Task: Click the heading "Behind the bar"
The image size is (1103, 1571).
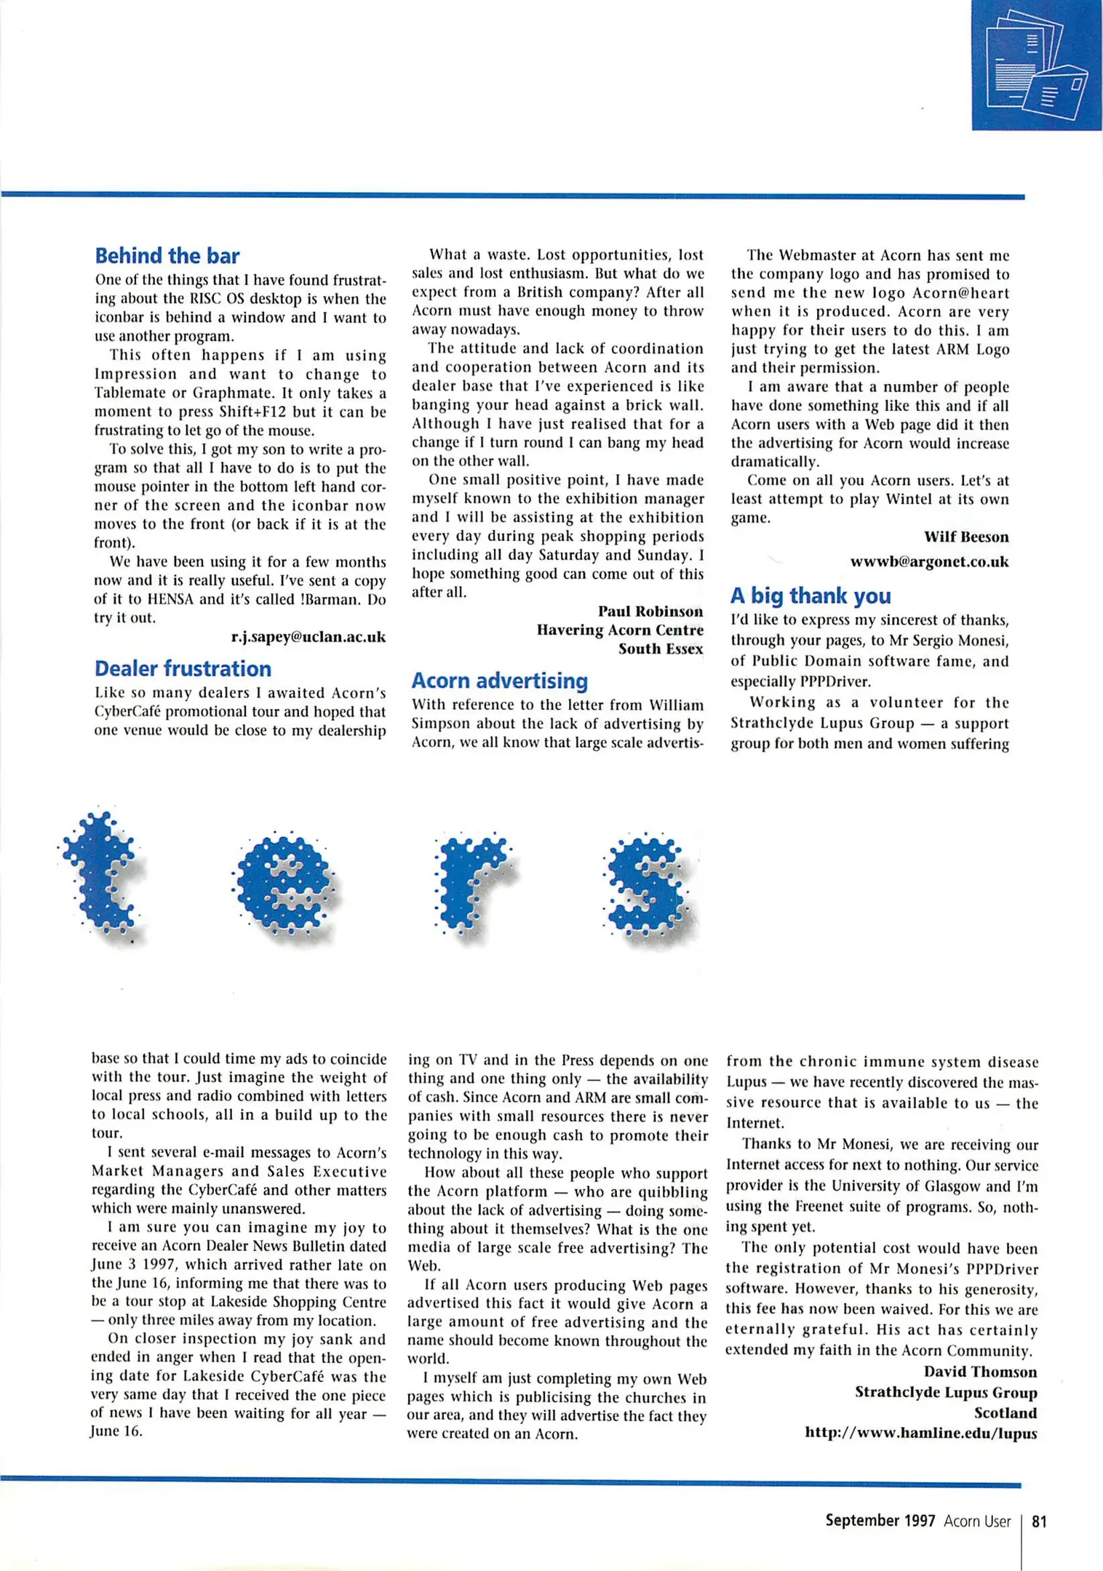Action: click(x=167, y=256)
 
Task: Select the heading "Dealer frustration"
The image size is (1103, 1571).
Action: click(x=183, y=668)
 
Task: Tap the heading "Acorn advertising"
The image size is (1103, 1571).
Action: click(x=500, y=681)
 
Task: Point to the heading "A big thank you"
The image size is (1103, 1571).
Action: click(x=811, y=596)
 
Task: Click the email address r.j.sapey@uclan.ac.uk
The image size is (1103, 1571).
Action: click(x=308, y=637)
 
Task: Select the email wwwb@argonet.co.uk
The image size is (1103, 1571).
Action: click(x=929, y=561)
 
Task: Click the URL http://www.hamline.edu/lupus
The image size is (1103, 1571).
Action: click(x=920, y=1433)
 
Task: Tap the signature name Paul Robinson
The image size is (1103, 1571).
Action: click(x=650, y=611)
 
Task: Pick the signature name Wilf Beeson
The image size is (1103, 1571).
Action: click(x=966, y=537)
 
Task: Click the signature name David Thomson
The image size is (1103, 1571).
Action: click(x=980, y=1372)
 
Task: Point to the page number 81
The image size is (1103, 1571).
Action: click(x=1040, y=1521)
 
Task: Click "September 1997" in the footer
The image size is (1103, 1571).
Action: click(x=880, y=1521)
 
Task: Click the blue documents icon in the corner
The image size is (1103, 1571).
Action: click(x=1036, y=65)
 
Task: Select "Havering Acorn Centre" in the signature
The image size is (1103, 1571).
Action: click(x=620, y=630)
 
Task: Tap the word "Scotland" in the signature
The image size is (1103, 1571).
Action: click(x=1006, y=1412)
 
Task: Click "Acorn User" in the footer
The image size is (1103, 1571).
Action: click(x=977, y=1521)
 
